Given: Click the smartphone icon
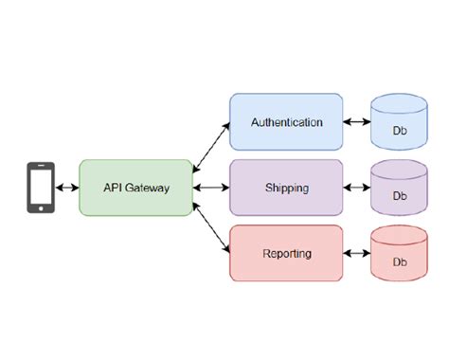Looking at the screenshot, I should pos(40,188).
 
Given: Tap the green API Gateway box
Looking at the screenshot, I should pos(135,188).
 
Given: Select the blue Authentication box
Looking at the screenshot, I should pos(286,122).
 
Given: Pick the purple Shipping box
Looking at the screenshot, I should pos(286,188).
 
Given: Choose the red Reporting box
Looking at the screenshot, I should pos(286,253).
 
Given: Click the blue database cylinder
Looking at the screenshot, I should pos(399,123).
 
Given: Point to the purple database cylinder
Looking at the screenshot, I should pos(399,189).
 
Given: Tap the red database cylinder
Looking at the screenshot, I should pos(399,254).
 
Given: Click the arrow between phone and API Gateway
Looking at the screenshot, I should pos(67,188).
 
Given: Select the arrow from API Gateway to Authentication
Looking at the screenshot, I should pos(210,147).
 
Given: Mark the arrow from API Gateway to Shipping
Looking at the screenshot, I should pos(210,188).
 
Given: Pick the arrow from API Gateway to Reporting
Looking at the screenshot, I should pos(210,227).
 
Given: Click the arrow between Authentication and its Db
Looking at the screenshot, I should pos(356,122).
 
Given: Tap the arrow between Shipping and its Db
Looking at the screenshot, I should pos(356,188).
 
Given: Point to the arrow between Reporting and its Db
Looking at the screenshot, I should pos(356,253).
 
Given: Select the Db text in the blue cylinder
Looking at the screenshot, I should pos(400,131).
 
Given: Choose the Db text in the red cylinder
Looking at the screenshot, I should pos(400,261).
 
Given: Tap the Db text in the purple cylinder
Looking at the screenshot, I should pos(400,196).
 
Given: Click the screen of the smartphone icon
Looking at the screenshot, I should pos(40,187).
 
